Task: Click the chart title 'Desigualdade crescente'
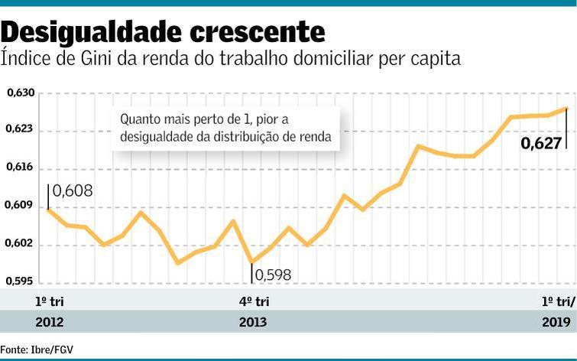tap(163, 31)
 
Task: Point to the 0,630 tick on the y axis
tap(20, 93)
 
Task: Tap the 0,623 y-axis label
tap(20, 129)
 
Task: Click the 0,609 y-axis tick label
tap(20, 205)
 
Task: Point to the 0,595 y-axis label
tap(20, 281)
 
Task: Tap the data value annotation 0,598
tap(273, 275)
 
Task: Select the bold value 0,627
tap(541, 142)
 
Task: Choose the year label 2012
tap(50, 322)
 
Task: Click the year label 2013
tap(253, 322)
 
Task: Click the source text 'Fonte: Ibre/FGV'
tap(37, 350)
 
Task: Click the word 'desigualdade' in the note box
tap(158, 138)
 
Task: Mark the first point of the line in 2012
tap(48, 209)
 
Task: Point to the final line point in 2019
tap(566, 109)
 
